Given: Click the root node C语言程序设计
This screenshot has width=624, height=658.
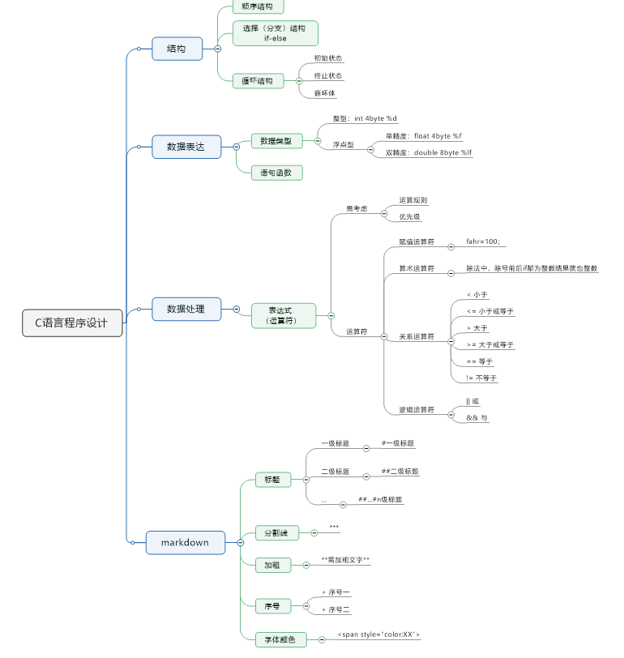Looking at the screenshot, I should (x=72, y=323).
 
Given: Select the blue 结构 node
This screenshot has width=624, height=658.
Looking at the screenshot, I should (x=177, y=49).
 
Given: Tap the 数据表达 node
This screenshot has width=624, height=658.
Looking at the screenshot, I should (x=186, y=147).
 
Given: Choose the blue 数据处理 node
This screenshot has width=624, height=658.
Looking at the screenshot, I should (x=186, y=309).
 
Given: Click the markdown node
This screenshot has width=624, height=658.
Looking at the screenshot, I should (x=186, y=542).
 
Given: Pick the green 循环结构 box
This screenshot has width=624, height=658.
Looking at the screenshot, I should (x=258, y=81).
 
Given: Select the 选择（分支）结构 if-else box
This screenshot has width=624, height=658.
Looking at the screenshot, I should (x=275, y=33).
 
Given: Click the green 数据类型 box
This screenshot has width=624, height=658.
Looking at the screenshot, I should (x=276, y=141).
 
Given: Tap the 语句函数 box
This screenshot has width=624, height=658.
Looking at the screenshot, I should (x=276, y=173).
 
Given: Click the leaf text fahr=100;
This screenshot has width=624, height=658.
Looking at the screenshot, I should (x=483, y=241).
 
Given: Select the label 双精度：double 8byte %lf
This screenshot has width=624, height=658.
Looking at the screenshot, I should (x=428, y=152).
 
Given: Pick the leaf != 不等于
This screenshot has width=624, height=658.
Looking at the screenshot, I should (x=482, y=378).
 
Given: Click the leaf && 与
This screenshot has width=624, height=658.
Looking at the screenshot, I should (x=477, y=417).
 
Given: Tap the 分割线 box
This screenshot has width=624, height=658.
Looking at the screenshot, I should (x=276, y=533).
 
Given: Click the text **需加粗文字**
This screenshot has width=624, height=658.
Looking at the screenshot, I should (x=345, y=560).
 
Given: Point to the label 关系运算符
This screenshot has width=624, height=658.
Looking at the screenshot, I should (x=417, y=335).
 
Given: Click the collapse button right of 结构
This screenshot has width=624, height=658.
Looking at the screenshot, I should (x=217, y=49).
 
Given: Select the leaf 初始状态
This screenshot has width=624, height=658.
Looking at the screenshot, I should (x=328, y=58).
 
